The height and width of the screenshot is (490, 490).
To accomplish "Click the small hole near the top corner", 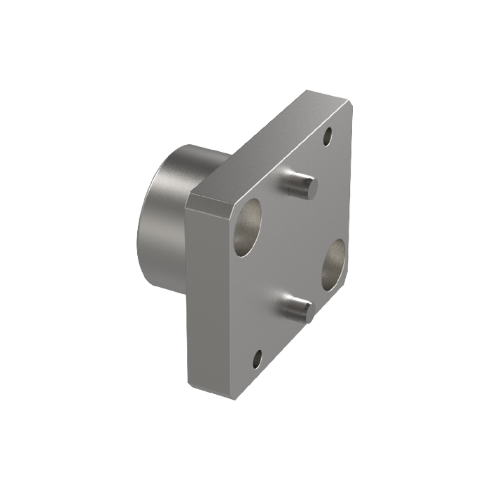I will pos(328,138).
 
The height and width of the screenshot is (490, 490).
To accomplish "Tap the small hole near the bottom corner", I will pos(257,359).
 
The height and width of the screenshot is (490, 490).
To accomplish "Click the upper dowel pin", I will pos(301,184).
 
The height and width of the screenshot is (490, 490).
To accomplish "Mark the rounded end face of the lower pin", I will pos(306,307).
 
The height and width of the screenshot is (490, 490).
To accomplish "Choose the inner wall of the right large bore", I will pos(330,260).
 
